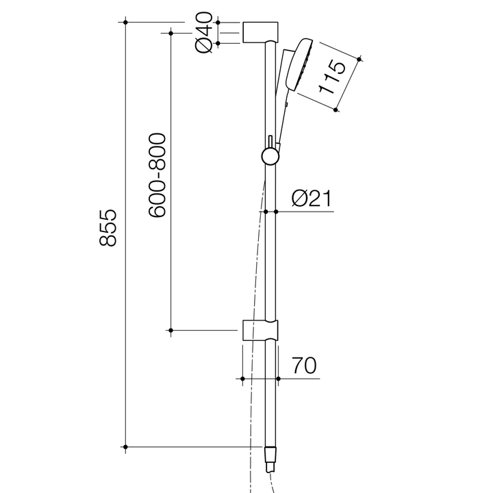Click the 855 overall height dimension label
click(109, 228)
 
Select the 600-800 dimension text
click(157, 175)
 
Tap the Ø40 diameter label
click(204, 32)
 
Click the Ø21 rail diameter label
click(311, 199)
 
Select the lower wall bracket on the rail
click(260, 329)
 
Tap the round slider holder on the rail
click(270, 157)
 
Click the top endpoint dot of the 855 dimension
click(126, 22)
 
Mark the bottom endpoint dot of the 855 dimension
click(126, 448)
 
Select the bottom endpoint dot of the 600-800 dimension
click(170, 331)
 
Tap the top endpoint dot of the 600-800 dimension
click(170, 31)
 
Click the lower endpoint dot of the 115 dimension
click(336, 108)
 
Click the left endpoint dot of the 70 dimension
click(243, 377)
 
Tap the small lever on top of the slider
click(271, 141)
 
